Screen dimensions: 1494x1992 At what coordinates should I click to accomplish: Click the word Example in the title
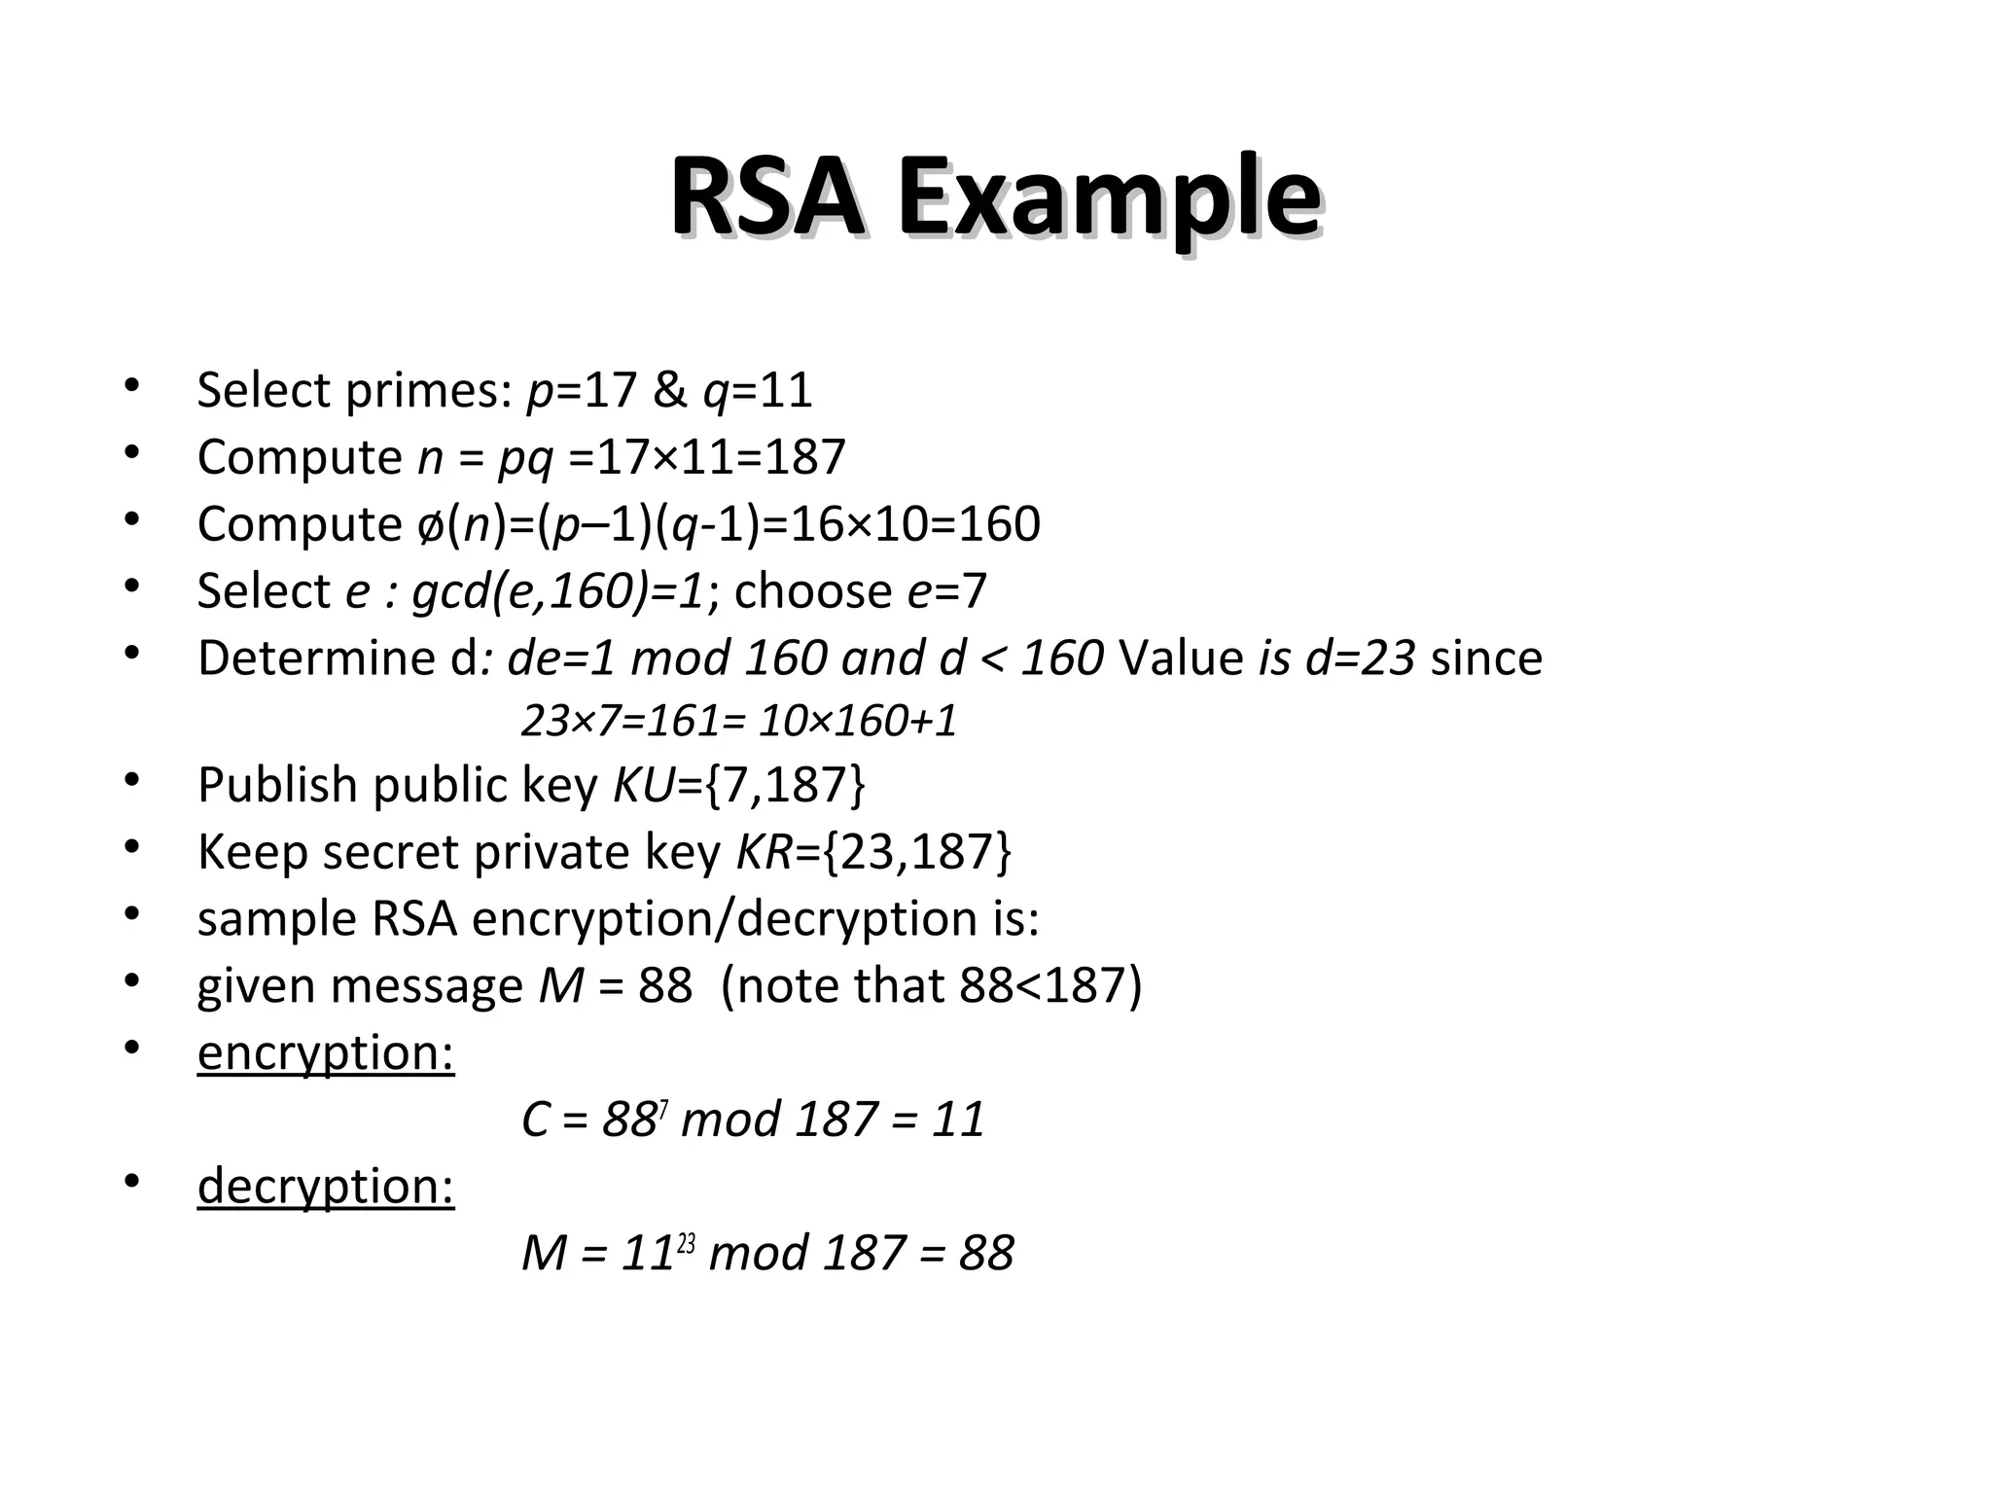(1109, 200)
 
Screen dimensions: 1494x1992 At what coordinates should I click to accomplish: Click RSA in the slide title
(766, 200)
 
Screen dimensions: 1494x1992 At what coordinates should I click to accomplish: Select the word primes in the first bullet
(428, 391)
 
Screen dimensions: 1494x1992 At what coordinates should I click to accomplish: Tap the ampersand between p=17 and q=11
(669, 390)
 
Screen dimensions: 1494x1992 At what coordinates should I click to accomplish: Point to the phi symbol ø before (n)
(427, 525)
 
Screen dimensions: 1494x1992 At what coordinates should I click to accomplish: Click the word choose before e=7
(812, 591)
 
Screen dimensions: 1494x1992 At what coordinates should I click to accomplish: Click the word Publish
(276, 785)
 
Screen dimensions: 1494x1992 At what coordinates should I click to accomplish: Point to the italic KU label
(643, 785)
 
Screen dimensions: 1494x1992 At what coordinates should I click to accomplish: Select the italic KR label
(765, 852)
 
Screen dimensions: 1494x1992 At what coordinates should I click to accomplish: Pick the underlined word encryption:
(326, 1053)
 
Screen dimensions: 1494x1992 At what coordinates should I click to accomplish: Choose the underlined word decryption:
(326, 1187)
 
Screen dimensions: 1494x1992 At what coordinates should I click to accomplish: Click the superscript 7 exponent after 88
(662, 1108)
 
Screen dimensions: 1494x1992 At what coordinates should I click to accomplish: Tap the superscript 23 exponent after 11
(686, 1242)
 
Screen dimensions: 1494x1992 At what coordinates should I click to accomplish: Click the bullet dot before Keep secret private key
(132, 848)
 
